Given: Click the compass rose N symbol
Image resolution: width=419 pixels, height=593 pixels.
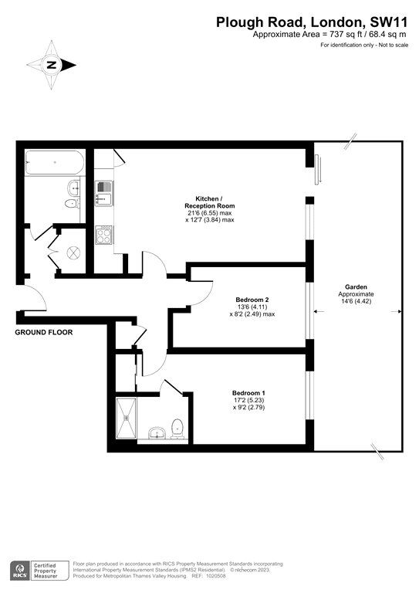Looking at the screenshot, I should point(52,66).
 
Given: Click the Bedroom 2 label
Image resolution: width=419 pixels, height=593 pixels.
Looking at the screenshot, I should point(252,299).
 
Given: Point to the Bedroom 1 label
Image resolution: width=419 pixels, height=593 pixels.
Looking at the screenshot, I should point(252,393).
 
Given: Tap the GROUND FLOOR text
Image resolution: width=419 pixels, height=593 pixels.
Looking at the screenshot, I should point(44,332).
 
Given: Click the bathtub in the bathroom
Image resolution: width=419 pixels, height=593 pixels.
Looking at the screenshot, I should point(53,163).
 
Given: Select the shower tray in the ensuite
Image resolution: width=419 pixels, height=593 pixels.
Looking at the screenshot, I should point(125,419).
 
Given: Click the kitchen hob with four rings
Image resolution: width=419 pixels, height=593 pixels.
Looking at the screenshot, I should point(103,234).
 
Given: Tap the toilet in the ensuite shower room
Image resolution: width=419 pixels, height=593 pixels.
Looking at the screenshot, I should point(178,425).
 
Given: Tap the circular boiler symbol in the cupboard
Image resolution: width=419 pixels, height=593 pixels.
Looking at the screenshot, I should point(75,252).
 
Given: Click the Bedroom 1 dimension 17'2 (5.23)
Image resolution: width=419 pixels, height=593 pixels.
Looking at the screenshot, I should point(252,402).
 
